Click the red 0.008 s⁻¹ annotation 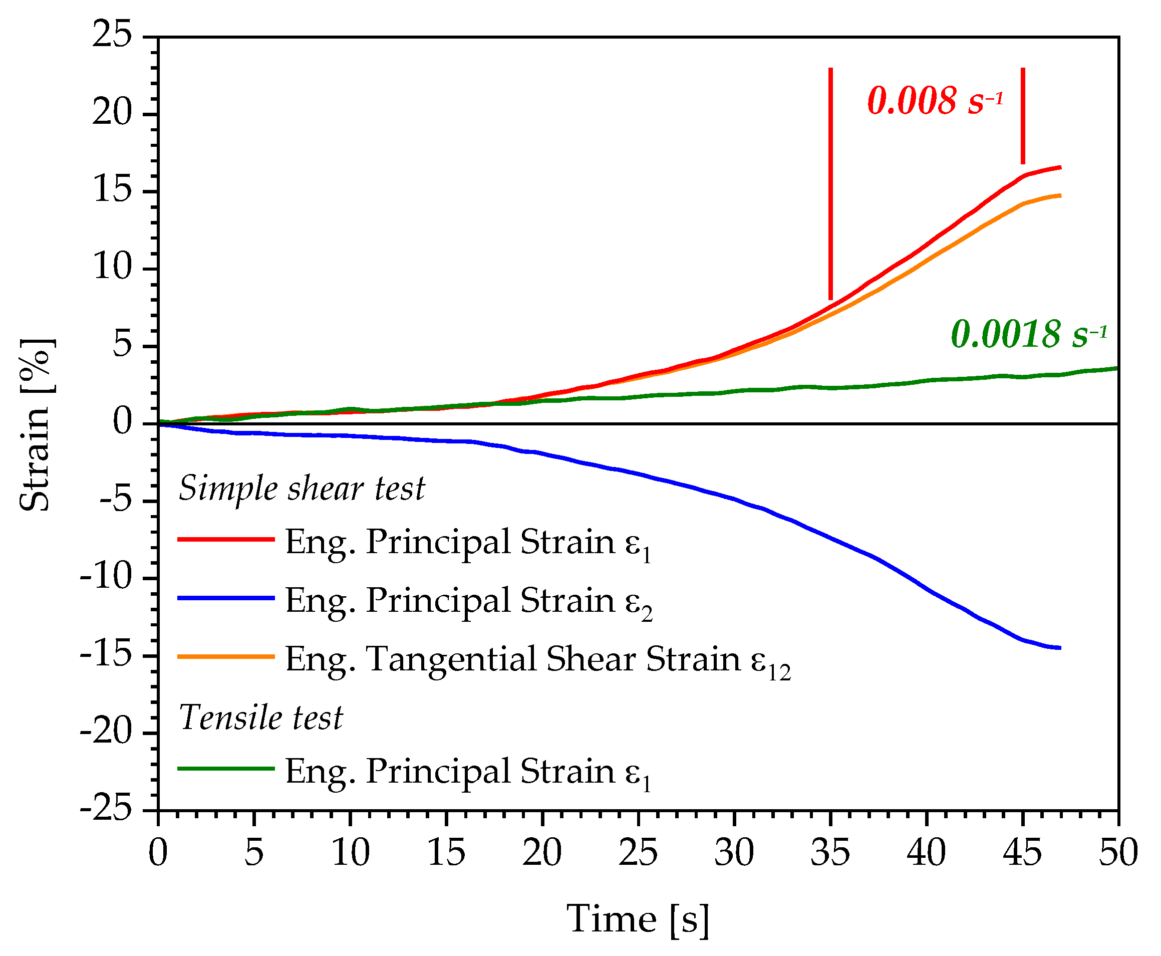pyautogui.click(x=935, y=101)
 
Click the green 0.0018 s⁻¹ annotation pyautogui.click(x=1028, y=334)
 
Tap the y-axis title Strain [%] pyautogui.click(x=35, y=424)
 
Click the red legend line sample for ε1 pyautogui.click(x=226, y=539)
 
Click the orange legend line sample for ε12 pyautogui.click(x=226, y=656)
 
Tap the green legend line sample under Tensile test pyautogui.click(x=226, y=769)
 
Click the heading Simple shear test pyautogui.click(x=302, y=489)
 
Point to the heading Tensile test pyautogui.click(x=261, y=718)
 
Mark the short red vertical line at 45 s pyautogui.click(x=1022, y=116)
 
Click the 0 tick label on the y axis pyautogui.click(x=123, y=422)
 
